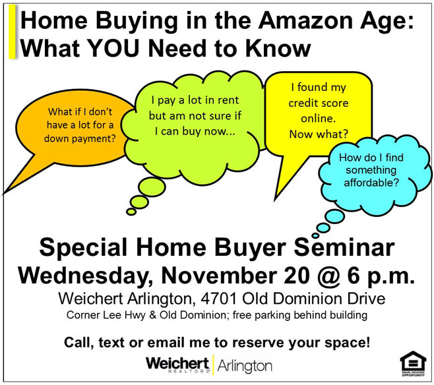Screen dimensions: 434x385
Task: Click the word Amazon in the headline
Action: [x=305, y=20]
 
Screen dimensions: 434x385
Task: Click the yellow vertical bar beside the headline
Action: [x=12, y=32]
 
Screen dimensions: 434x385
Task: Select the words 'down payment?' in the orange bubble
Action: [x=80, y=138]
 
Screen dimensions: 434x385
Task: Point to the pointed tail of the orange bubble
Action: [x=4, y=192]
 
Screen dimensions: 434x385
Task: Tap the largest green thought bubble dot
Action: [x=152, y=187]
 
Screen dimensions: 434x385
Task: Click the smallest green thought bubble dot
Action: [x=131, y=212]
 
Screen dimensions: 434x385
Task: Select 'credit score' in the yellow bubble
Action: [x=319, y=103]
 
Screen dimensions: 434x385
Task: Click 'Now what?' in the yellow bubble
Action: [x=319, y=134]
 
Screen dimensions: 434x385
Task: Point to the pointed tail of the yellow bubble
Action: [x=275, y=200]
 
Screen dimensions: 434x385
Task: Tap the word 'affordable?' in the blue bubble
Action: [x=371, y=183]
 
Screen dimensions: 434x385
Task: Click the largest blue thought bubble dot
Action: [x=334, y=216]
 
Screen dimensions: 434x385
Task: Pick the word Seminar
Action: [x=344, y=247]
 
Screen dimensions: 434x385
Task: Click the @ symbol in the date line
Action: [x=328, y=276]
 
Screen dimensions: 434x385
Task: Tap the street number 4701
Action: [x=219, y=299]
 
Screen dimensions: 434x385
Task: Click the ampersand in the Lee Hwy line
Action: [x=152, y=315]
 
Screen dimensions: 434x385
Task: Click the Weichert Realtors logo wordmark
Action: [x=177, y=365]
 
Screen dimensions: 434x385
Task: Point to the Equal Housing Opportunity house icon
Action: [x=413, y=363]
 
